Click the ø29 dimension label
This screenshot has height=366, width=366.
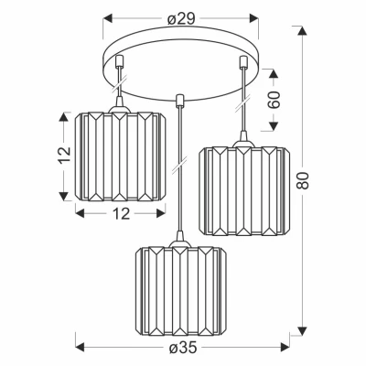tap(181, 19)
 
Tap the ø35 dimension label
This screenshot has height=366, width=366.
tap(182, 348)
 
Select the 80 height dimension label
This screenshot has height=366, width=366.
tap(303, 180)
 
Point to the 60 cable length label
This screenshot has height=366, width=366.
tap(274, 100)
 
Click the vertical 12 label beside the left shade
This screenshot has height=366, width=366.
tap(64, 156)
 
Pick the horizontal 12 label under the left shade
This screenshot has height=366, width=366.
tap(122, 214)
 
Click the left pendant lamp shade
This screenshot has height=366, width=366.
tap(121, 156)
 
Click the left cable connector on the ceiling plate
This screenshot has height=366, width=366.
tap(119, 60)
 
